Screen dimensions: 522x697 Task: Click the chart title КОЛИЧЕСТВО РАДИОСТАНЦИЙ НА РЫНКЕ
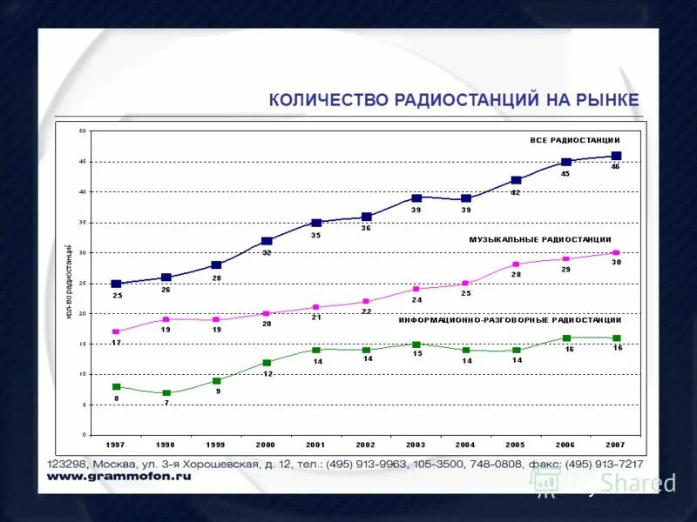(x=454, y=100)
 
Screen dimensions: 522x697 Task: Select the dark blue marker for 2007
(x=616, y=156)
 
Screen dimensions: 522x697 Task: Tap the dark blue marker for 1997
(x=116, y=284)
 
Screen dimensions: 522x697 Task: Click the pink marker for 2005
(x=516, y=264)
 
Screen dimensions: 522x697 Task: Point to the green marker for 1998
(x=166, y=393)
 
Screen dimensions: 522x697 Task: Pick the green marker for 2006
(x=566, y=338)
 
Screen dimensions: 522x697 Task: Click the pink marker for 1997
(x=116, y=331)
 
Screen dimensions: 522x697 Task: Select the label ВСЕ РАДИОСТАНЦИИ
(x=575, y=140)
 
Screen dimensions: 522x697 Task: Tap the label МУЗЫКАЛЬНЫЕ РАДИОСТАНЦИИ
(x=540, y=239)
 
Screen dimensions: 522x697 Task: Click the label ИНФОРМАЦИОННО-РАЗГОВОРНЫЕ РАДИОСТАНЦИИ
(x=511, y=320)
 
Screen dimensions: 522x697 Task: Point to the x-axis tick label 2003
(x=416, y=445)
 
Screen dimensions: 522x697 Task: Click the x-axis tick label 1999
(x=215, y=445)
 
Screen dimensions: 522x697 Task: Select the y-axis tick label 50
(x=83, y=130)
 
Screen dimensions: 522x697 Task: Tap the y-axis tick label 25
(x=83, y=283)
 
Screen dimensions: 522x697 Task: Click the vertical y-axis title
(x=69, y=283)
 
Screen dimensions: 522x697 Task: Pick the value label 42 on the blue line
(x=516, y=192)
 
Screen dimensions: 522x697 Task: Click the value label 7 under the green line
(x=166, y=404)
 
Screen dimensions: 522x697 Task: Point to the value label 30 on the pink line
(x=616, y=263)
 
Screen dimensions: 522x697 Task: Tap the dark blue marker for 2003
(x=416, y=198)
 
